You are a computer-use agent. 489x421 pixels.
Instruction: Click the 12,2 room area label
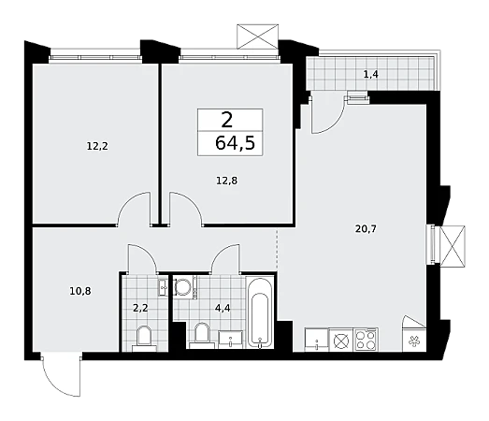(x=97, y=146)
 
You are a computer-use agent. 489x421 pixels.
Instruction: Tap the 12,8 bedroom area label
(x=226, y=181)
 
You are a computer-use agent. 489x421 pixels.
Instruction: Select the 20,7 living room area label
(x=366, y=229)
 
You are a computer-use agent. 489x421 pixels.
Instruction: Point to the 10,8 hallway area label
(x=80, y=291)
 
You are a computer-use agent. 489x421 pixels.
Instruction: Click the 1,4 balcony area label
(x=371, y=74)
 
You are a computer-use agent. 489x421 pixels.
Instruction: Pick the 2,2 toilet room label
(x=140, y=309)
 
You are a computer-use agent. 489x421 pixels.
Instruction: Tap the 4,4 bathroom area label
(x=223, y=309)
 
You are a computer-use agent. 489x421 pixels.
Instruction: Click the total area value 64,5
(x=235, y=143)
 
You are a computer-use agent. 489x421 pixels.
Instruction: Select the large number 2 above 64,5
(x=226, y=120)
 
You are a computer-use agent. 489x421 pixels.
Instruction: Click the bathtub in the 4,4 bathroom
(x=260, y=312)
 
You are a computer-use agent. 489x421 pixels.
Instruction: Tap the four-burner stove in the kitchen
(x=366, y=340)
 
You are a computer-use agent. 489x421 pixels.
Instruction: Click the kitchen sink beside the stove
(x=316, y=340)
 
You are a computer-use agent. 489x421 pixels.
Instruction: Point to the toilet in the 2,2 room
(x=144, y=339)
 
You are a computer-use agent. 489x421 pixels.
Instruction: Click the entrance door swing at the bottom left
(x=61, y=374)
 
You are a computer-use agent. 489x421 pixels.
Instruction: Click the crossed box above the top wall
(x=258, y=36)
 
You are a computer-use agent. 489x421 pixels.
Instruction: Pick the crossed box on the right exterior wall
(x=453, y=246)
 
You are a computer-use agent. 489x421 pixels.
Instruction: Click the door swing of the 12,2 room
(x=134, y=208)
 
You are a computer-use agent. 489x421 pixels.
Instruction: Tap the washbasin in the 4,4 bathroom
(x=230, y=340)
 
